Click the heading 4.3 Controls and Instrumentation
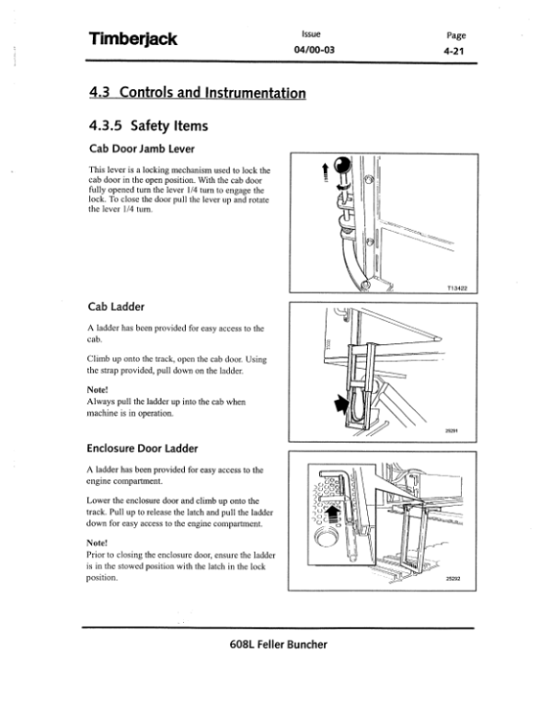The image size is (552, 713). pyautogui.click(x=197, y=93)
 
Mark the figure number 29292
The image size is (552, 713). pyautogui.click(x=452, y=579)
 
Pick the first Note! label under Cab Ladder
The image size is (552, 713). pyautogui.click(x=99, y=388)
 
